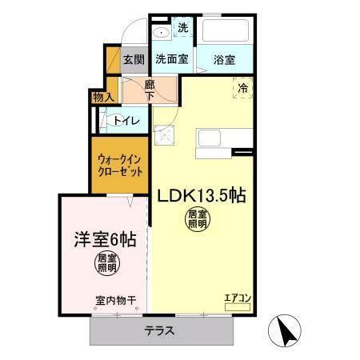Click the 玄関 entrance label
click(x=134, y=59)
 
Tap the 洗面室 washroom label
click(x=171, y=59)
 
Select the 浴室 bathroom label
click(x=224, y=59)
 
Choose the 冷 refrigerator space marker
click(x=242, y=88)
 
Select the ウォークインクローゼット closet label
click(x=120, y=164)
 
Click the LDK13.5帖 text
click(x=200, y=194)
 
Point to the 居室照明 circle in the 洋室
click(x=106, y=263)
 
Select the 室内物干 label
click(x=115, y=300)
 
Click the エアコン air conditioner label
click(x=238, y=298)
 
